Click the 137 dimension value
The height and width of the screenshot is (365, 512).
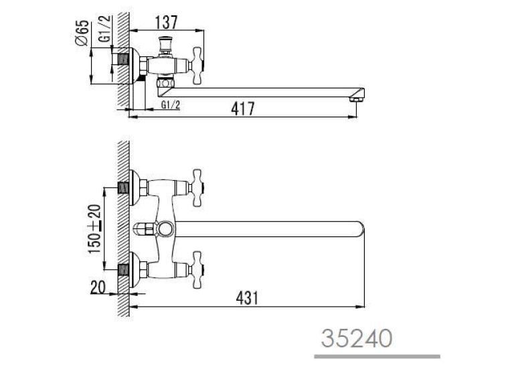[x=166, y=22]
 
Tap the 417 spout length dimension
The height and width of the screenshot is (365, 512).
[x=242, y=108]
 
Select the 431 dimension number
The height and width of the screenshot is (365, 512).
[x=247, y=297]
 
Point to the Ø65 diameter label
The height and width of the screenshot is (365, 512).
[x=82, y=33]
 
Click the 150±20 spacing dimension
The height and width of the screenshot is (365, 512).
[x=94, y=229]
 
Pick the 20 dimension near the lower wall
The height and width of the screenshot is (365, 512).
[x=98, y=287]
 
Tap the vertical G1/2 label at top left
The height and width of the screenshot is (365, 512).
[x=106, y=29]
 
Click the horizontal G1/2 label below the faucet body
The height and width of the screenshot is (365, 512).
[x=171, y=105]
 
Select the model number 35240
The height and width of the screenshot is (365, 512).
[x=357, y=338]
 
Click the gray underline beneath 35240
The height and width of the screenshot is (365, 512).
[x=377, y=356]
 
